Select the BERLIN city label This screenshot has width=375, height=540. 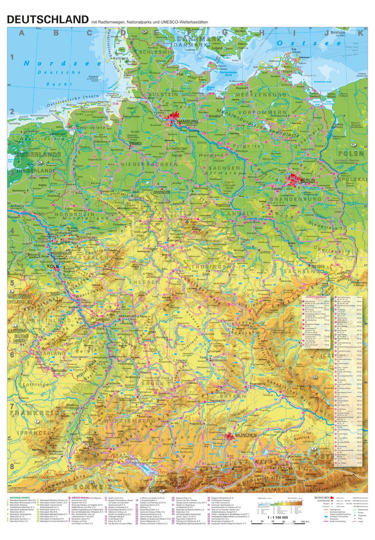click(x=307, y=180)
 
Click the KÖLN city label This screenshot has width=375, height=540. click(x=52, y=266)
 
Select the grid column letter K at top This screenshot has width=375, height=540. click(x=360, y=33)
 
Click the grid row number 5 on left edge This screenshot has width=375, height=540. click(x=12, y=283)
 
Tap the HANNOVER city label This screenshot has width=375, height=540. click(x=161, y=192)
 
